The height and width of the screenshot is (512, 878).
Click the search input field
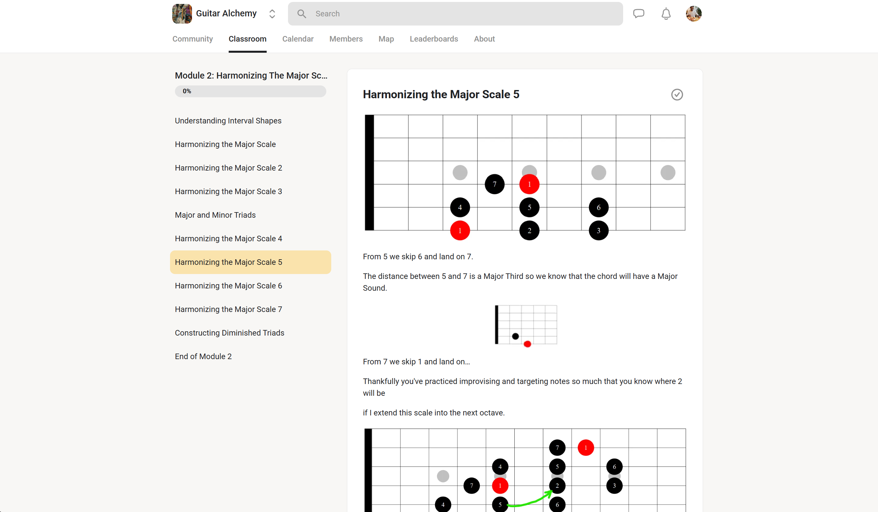[455, 13]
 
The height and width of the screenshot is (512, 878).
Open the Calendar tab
[298, 39]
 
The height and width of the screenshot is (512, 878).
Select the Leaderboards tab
[434, 39]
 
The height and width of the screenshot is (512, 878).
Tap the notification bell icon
[666, 13]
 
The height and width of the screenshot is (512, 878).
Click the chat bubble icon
[639, 13]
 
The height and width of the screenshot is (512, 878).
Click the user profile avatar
[694, 13]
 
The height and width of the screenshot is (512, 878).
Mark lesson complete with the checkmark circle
[677, 95]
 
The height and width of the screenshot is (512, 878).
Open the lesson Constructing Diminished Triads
[230, 333]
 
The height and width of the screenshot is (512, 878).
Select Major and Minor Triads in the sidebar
[215, 215]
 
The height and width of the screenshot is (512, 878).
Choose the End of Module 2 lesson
[203, 357]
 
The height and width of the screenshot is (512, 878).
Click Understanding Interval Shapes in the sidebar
[228, 121]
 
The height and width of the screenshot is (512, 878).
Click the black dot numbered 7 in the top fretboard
[494, 184]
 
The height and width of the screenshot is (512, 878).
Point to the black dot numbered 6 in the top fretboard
[599, 208]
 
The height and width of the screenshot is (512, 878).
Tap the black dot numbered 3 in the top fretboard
[599, 230]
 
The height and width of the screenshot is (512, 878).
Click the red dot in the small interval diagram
[527, 344]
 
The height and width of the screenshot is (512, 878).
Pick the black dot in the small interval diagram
[515, 336]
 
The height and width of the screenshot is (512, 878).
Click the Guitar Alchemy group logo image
[182, 13]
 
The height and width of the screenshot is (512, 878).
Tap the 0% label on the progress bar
[187, 91]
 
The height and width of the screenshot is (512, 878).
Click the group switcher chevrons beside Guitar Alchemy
[272, 13]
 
